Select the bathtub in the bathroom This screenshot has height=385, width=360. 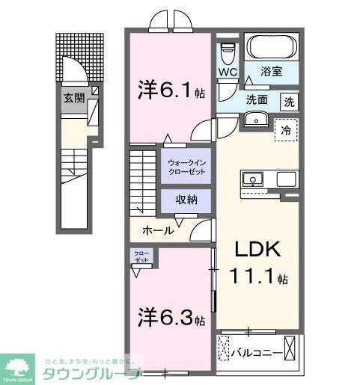pyautogui.click(x=272, y=49)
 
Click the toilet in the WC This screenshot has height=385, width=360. pyautogui.click(x=229, y=52)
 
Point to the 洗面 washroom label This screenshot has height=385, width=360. pyautogui.click(x=257, y=99)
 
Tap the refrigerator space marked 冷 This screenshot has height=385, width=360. pyautogui.click(x=286, y=129)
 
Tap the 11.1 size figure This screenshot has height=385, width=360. pyautogui.click(x=256, y=279)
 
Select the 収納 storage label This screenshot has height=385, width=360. pyautogui.click(x=186, y=200)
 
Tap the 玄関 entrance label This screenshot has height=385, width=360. pyautogui.click(x=73, y=97)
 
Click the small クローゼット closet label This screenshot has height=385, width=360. pyautogui.click(x=141, y=256)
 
